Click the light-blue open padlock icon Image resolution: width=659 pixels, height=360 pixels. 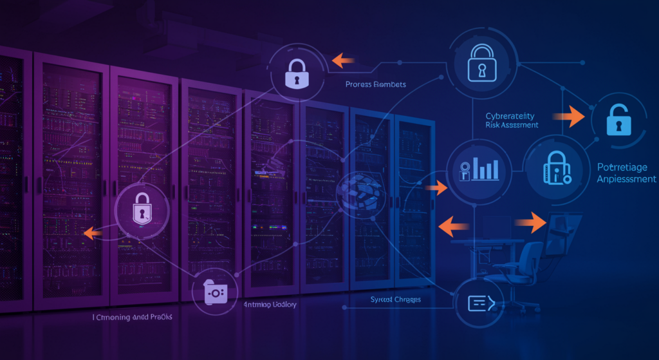[617, 119]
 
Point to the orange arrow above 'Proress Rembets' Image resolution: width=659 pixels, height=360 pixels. [344, 61]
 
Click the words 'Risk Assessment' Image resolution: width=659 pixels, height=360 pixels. [512, 125]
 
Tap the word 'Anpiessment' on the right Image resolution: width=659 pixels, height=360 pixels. [627, 179]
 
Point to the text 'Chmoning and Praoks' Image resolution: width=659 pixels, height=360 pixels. [134, 317]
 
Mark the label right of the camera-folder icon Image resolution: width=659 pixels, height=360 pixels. [269, 304]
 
